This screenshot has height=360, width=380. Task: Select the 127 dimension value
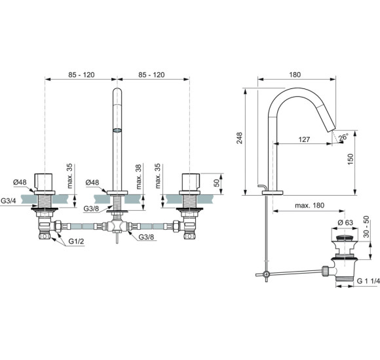click(303, 139)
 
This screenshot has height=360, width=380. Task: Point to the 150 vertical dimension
click(351, 160)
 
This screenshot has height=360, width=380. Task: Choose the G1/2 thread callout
click(77, 242)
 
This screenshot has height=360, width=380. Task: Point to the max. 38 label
click(140, 176)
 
